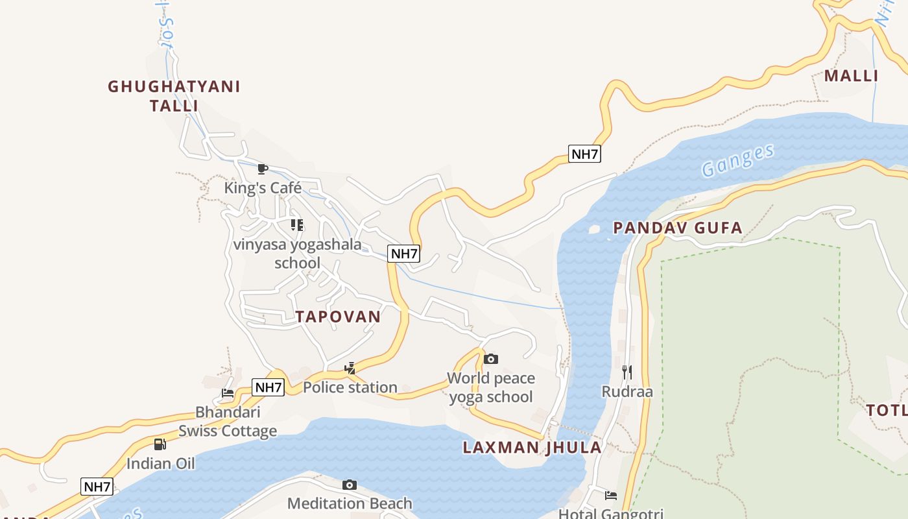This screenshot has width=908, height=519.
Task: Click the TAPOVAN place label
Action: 338,317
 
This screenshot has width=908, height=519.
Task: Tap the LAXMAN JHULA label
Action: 532,447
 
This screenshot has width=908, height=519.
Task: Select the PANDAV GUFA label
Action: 678,228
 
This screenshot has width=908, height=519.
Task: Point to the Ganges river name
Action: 738,160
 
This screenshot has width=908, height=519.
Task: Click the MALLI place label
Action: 851,76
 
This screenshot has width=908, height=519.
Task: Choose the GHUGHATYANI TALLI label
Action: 174,95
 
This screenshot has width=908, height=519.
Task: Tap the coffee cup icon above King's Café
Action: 263,169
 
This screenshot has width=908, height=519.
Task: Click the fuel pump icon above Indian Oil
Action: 160,444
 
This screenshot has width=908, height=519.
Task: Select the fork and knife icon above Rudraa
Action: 627,372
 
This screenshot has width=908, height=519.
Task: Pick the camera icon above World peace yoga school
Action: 491,359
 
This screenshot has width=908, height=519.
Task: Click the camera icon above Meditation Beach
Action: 350,485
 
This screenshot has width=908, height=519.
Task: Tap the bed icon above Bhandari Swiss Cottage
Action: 228,393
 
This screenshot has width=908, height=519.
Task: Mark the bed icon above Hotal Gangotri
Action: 611,496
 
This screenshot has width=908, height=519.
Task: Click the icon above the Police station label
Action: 350,368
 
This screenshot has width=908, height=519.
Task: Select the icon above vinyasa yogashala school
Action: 297,225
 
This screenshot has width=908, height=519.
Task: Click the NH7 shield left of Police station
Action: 268,387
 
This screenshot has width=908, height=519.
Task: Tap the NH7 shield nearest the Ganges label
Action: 584,154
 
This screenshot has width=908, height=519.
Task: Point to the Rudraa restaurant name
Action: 627,391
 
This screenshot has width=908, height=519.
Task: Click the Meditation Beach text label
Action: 350,503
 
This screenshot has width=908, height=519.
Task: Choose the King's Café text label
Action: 263,188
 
